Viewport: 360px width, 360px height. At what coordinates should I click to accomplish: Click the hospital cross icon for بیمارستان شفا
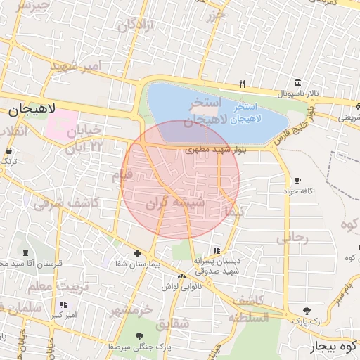pyautogui.click(x=137, y=253)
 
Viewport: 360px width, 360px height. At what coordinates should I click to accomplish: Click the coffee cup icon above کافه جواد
pyautogui.click(x=297, y=180)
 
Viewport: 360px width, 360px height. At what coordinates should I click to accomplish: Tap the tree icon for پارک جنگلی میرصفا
pyautogui.click(x=140, y=335)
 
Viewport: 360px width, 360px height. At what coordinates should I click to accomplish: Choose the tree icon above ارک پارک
pyautogui.click(x=307, y=310)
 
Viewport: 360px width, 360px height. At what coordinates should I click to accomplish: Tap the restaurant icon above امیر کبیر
pyautogui.click(x=64, y=304)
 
